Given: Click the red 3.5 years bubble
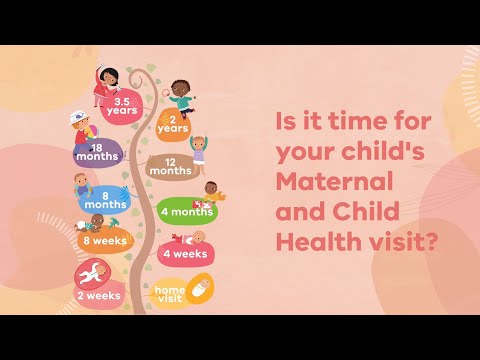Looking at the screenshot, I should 123,107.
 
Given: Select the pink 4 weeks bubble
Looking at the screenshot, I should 183,254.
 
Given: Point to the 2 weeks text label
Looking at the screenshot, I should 99,296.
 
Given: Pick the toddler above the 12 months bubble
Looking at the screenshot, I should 199,147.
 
